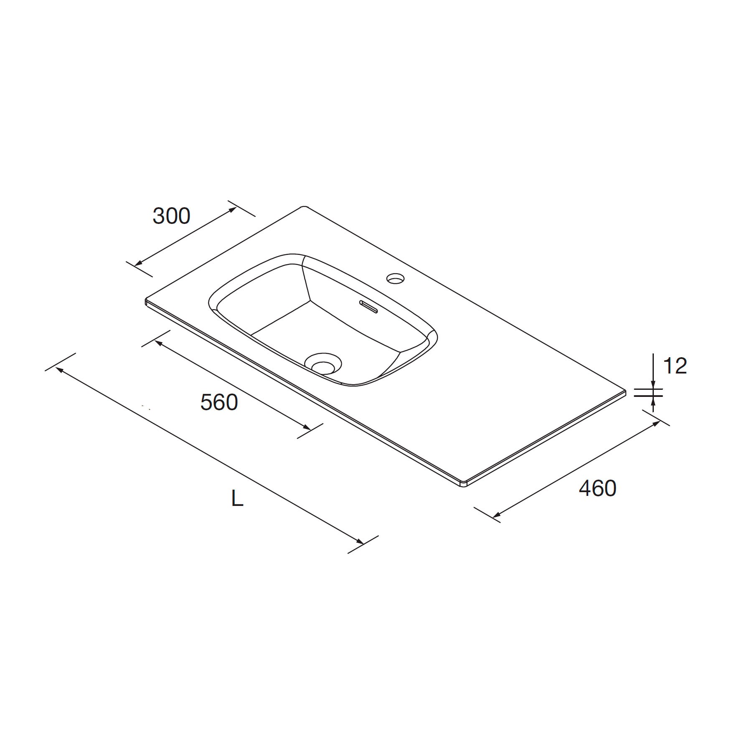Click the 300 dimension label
171,216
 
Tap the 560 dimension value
219,402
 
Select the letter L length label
237,498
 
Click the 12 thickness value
675,366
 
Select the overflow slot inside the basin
368,306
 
